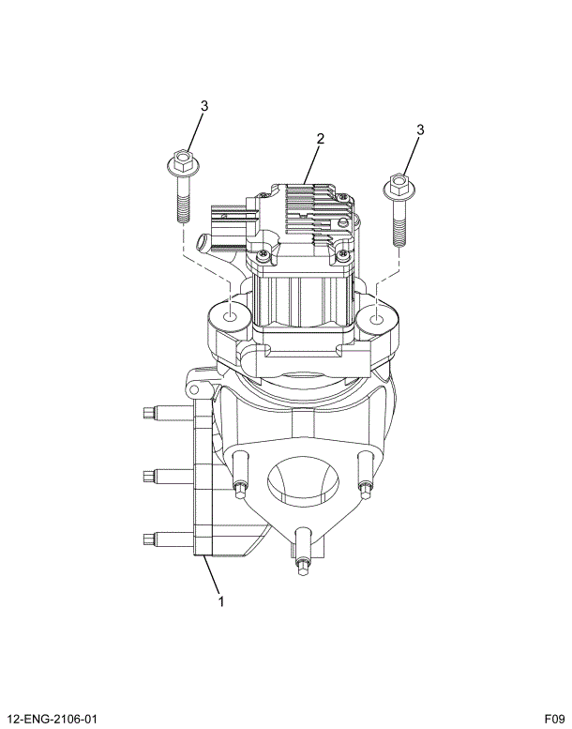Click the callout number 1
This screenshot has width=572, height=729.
point(221,601)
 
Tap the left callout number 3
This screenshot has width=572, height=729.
point(203,106)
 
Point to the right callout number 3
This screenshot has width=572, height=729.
point(420,129)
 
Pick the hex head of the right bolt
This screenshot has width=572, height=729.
point(398,185)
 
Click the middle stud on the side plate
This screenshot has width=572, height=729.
point(156,476)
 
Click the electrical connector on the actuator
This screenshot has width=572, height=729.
point(222,229)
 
